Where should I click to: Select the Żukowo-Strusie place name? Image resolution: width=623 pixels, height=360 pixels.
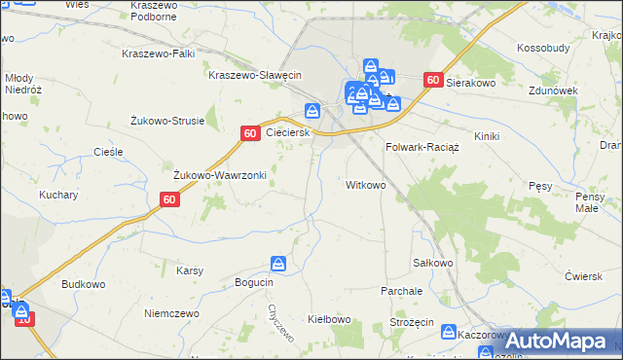(167, 121)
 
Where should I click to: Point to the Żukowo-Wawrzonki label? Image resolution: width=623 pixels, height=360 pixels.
(220, 175)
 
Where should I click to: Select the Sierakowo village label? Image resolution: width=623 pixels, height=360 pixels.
(472, 84)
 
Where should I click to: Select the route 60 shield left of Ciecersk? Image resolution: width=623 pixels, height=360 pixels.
(250, 132)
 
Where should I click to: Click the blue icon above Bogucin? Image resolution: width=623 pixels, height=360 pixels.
(279, 264)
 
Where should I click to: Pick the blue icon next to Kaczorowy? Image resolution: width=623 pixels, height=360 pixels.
(449, 332)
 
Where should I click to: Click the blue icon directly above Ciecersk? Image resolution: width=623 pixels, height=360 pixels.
(312, 111)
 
